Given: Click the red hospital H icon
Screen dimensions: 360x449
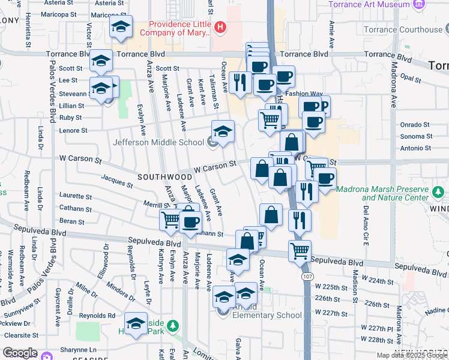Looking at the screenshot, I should coord(221,27).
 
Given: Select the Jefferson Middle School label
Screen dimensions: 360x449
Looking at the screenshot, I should coord(159,142).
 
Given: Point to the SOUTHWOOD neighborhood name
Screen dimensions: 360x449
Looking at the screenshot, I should coord(164,177).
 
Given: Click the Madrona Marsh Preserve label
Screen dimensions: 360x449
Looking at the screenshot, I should coord(383,193).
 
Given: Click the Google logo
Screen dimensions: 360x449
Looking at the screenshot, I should coord(20,353).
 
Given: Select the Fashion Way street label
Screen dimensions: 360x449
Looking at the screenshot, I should coord(304,94).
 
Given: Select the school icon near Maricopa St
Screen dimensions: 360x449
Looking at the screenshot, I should coord(121,27).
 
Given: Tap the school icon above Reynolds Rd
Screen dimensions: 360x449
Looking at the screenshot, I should coord(136,323).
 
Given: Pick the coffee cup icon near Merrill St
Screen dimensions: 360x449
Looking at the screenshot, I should coord(191,222).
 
